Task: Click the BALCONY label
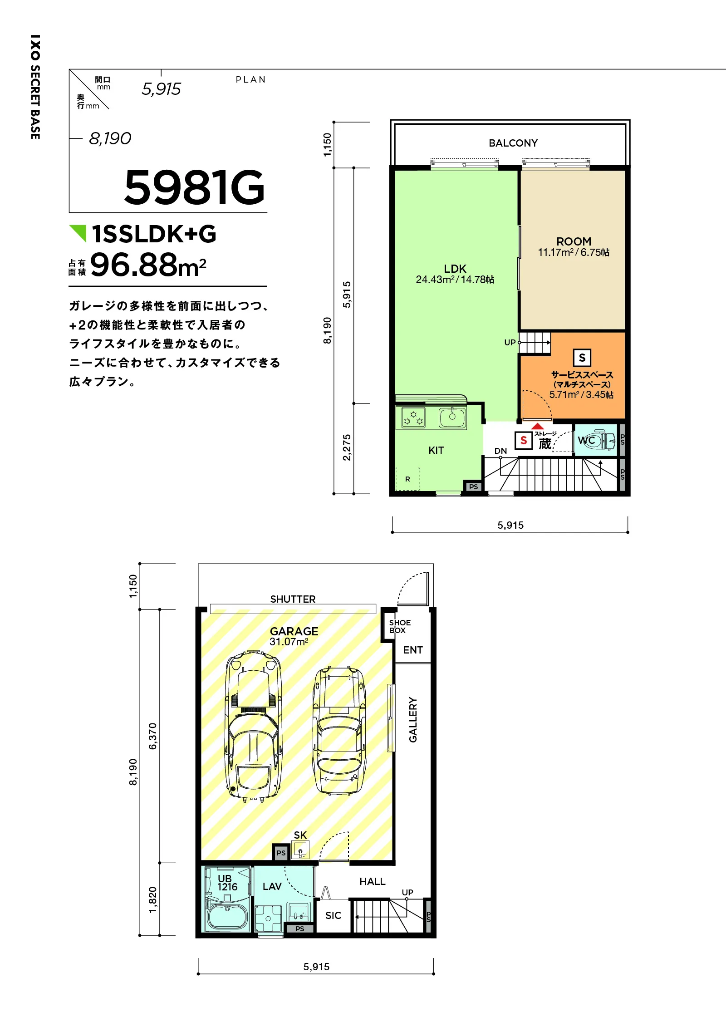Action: (513, 143)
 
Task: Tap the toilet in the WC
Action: (599, 440)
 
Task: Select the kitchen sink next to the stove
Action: (452, 417)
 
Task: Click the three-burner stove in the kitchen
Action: (413, 418)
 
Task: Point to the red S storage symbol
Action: (524, 440)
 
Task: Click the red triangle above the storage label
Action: (537, 426)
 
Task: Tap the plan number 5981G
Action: (194, 187)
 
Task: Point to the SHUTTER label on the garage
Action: (293, 599)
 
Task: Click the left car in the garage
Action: (253, 727)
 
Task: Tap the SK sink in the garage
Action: (300, 850)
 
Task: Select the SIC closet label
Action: (333, 915)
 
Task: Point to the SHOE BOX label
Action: (400, 626)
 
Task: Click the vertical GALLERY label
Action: (413, 720)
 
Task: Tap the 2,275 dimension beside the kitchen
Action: (347, 447)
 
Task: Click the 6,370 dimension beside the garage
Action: (152, 736)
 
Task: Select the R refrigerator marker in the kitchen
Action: (407, 479)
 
